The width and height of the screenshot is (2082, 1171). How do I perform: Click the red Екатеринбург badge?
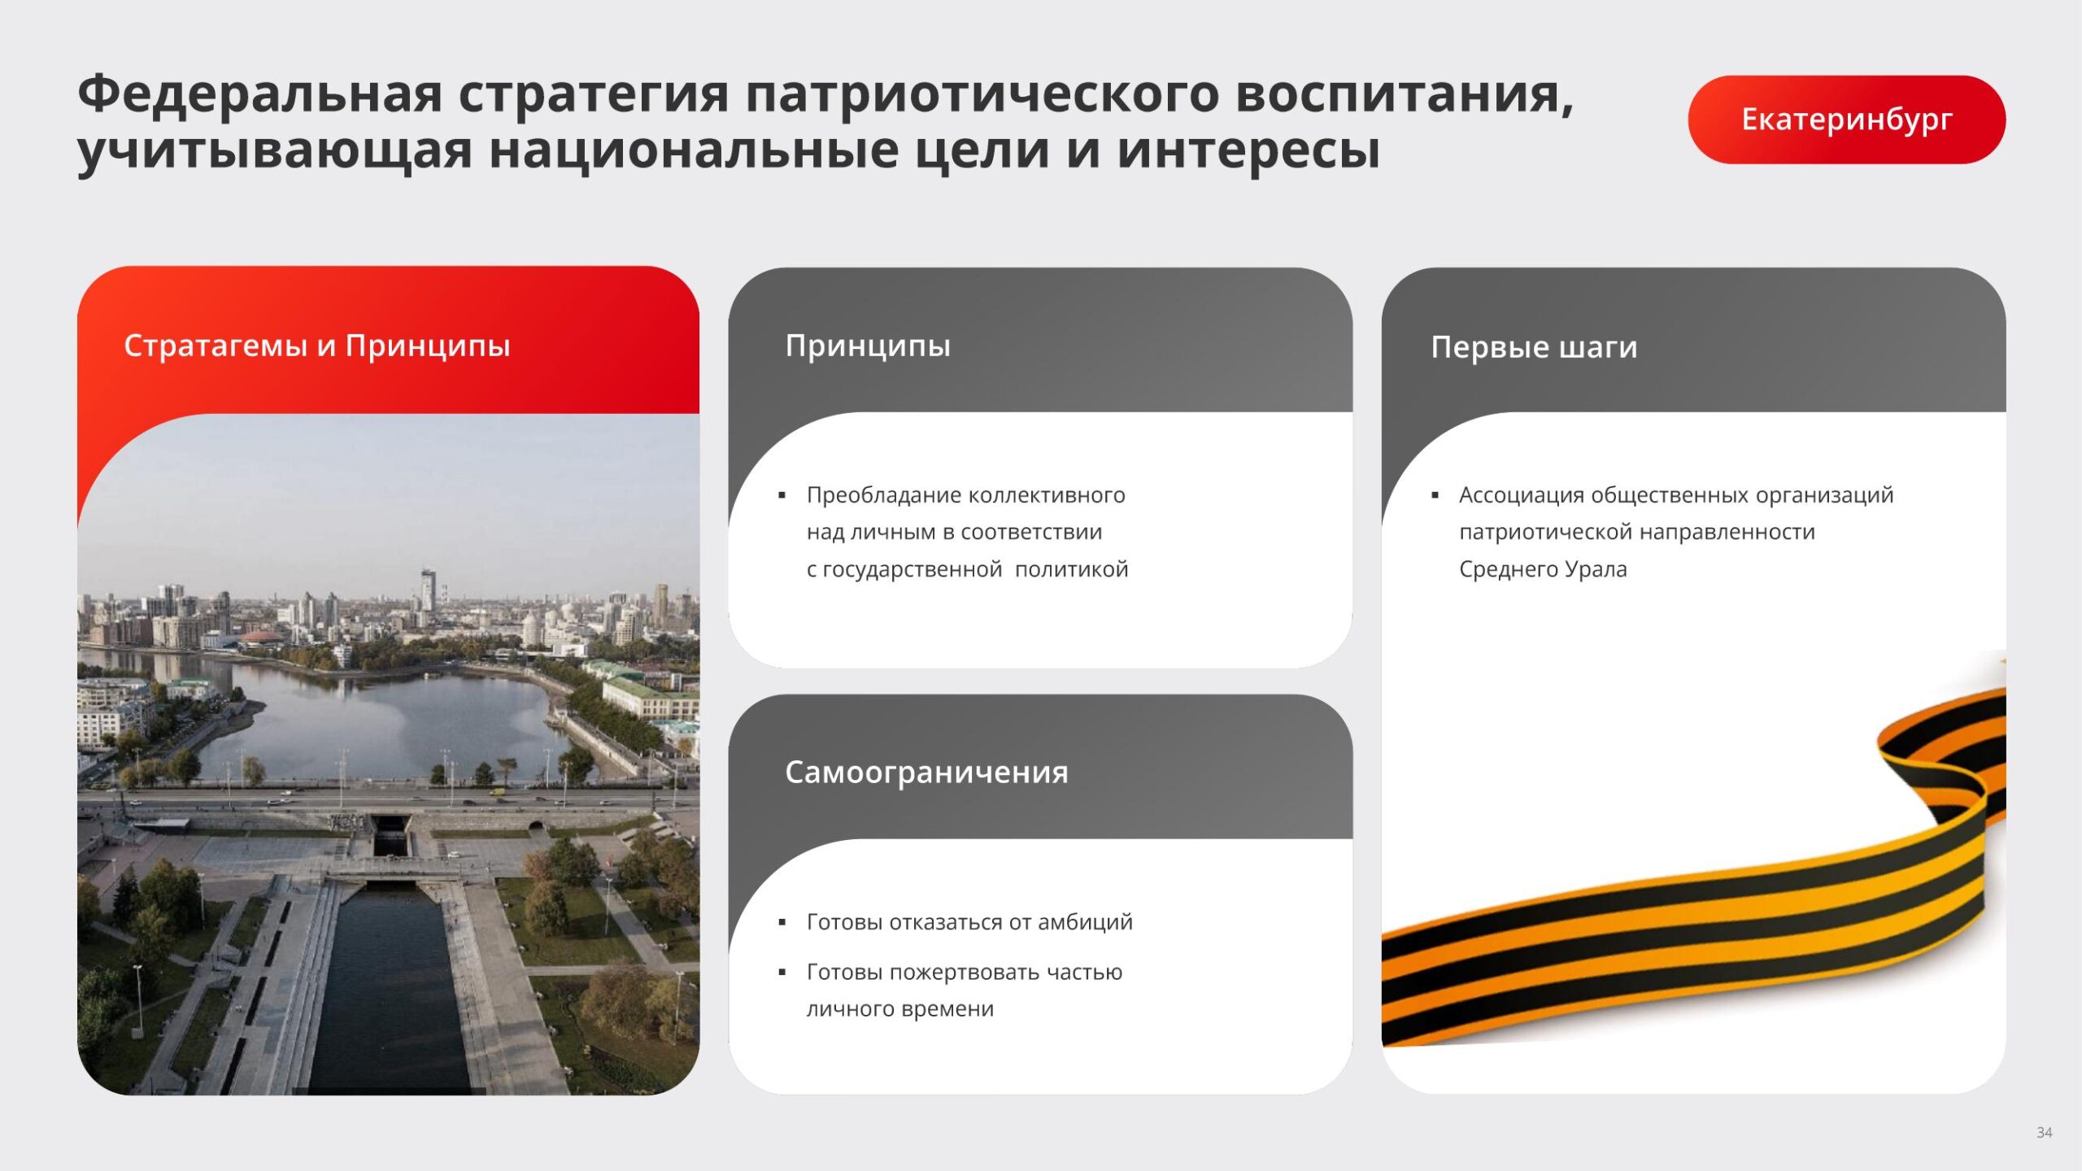(x=1846, y=120)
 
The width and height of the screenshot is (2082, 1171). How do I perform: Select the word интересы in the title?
(x=1248, y=151)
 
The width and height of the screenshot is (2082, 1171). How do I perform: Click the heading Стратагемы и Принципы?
(x=317, y=346)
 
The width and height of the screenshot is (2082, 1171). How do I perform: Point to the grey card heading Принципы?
(x=868, y=346)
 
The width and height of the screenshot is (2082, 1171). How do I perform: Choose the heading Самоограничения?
(x=926, y=773)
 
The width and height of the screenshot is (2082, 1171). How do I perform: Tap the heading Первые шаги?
(x=1534, y=347)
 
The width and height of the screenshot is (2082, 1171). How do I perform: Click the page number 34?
(x=2044, y=1133)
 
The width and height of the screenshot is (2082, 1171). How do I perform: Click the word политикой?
(x=1072, y=569)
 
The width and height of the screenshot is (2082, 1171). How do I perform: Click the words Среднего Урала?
(x=1543, y=570)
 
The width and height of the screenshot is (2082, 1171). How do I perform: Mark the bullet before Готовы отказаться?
(x=782, y=922)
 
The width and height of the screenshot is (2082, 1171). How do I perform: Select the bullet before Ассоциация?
(x=1435, y=495)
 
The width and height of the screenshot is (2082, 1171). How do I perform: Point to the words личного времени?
(x=899, y=1009)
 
